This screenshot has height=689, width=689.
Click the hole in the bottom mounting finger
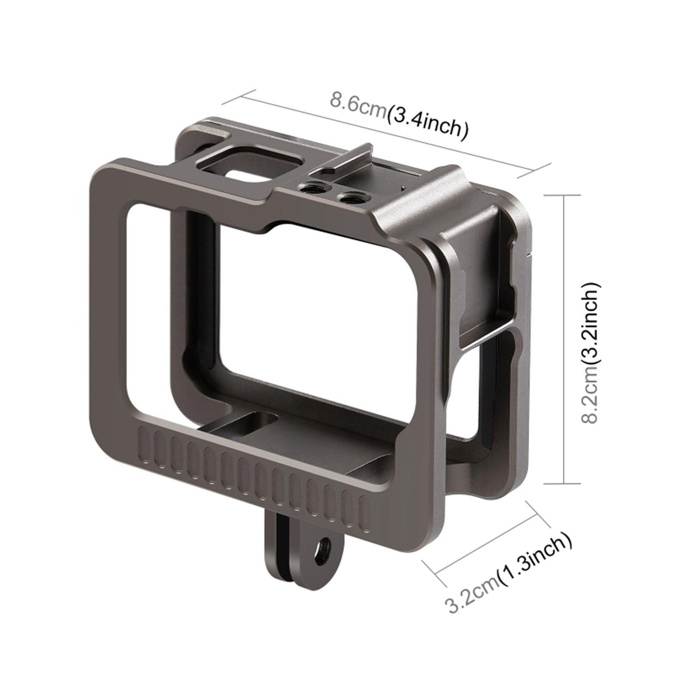326,544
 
